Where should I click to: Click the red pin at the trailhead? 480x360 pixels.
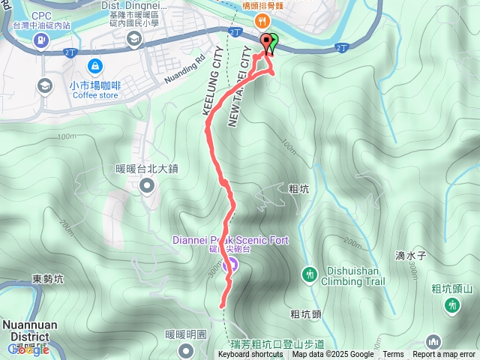pyautogui.click(x=265, y=43)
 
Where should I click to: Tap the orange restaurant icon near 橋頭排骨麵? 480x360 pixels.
pyautogui.click(x=261, y=21)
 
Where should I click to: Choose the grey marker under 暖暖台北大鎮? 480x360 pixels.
pyautogui.click(x=147, y=185)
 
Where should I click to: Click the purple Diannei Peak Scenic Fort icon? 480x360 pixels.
pyautogui.click(x=232, y=264)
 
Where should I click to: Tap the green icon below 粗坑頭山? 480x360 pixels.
pyautogui.click(x=452, y=305)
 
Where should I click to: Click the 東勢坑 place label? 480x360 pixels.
pyautogui.click(x=47, y=279)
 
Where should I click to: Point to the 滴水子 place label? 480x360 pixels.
pyautogui.click(x=411, y=255)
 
